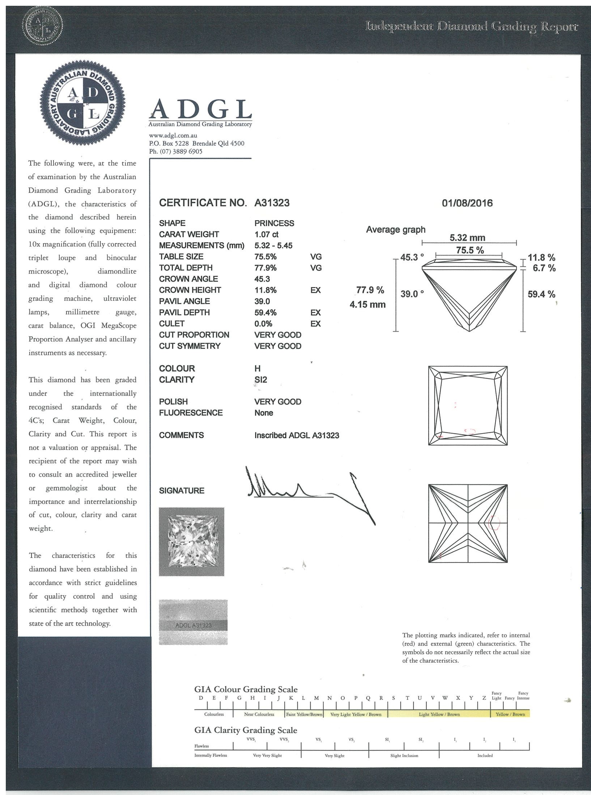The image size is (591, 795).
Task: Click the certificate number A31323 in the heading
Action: (x=272, y=203)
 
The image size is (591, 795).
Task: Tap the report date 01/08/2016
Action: (x=467, y=203)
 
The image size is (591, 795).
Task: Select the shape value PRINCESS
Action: (x=274, y=223)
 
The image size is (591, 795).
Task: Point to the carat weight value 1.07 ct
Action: (x=266, y=234)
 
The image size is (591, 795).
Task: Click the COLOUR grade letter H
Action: (x=257, y=368)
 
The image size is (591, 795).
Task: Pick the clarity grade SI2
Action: (x=260, y=380)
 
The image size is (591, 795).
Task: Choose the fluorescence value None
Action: (x=264, y=413)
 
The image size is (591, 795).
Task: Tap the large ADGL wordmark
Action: (x=200, y=109)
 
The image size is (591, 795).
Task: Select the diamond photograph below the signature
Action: (x=191, y=542)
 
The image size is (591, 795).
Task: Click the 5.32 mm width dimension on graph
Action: (x=467, y=238)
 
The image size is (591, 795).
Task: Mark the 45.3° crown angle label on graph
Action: (x=412, y=257)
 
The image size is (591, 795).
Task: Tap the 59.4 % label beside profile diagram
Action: (x=541, y=294)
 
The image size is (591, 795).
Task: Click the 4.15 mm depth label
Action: (x=367, y=304)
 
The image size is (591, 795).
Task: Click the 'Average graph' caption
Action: (x=395, y=230)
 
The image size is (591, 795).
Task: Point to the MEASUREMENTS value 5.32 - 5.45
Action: (x=273, y=245)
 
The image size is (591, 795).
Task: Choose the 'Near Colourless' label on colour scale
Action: (x=259, y=714)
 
